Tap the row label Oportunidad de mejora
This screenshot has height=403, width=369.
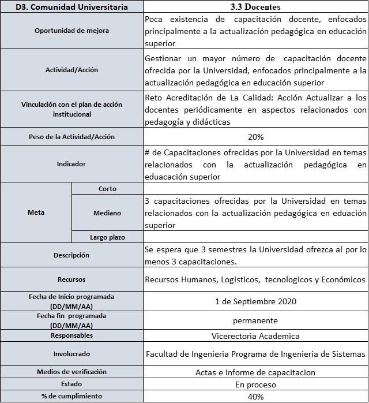71,31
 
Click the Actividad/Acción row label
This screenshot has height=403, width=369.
71,70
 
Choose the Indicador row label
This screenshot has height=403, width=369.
71,164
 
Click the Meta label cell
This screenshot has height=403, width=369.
36,212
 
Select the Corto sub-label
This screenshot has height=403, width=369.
107,189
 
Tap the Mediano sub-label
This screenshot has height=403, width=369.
107,213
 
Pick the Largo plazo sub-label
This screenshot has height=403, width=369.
107,237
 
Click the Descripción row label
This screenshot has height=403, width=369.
71,255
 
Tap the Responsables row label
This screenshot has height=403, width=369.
71,335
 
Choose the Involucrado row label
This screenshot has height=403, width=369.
71,354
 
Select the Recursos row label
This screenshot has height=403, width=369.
71,279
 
